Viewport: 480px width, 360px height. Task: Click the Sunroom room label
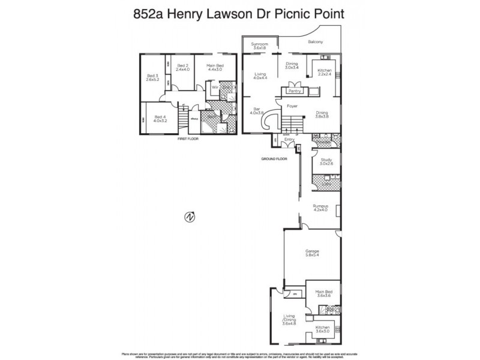(x=259, y=46)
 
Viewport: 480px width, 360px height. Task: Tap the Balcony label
(x=316, y=41)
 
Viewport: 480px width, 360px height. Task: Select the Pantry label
(x=294, y=91)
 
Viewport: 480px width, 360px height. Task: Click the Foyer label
(x=292, y=106)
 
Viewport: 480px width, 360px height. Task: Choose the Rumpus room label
(x=321, y=208)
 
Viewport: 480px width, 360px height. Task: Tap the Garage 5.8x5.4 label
(x=312, y=253)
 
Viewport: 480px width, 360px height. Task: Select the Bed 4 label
(x=159, y=119)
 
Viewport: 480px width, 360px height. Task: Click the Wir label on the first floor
(x=214, y=87)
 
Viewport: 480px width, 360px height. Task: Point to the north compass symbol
(x=190, y=217)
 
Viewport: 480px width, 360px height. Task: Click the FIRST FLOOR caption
(x=188, y=139)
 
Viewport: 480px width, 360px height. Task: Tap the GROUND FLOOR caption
(x=274, y=159)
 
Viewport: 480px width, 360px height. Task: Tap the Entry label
(x=289, y=140)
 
